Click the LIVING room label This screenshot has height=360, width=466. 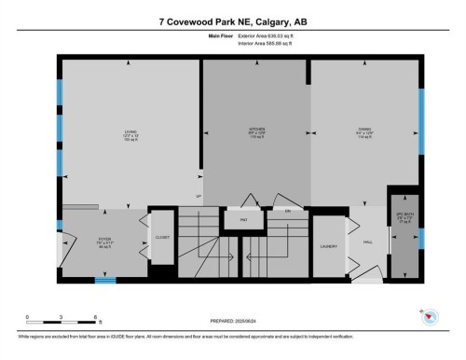130,132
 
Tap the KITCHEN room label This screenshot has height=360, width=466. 255,128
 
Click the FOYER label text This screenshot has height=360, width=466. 104,239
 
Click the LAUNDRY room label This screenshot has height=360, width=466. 328,246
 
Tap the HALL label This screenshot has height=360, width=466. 368,241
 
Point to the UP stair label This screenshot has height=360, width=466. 198,196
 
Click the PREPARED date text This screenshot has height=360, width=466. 238,324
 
